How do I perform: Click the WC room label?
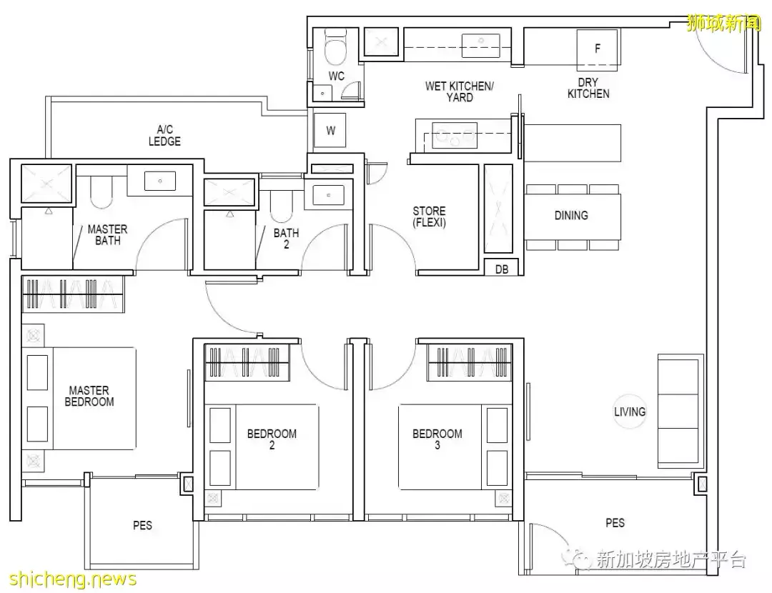coord(336,76)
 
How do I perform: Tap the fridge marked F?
coord(597,49)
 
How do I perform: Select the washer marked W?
coord(330,131)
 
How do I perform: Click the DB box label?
coord(502,269)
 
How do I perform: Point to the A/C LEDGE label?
coord(164,135)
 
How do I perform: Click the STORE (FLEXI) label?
coord(430,216)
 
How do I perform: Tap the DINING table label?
coord(571,215)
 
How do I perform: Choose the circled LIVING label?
coord(630,412)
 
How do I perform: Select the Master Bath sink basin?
coord(160,181)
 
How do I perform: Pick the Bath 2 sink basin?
coord(328,195)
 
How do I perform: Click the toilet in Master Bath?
coord(102,192)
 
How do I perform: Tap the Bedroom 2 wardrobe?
coord(247,363)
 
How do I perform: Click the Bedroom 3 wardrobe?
coord(470,363)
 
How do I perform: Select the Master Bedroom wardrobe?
coord(72,294)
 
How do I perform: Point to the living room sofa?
coord(678,412)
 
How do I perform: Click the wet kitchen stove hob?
coord(455,135)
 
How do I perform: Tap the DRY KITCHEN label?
coord(588,88)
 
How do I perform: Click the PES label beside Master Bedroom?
coord(142,525)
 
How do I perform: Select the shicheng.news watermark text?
coord(73,579)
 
